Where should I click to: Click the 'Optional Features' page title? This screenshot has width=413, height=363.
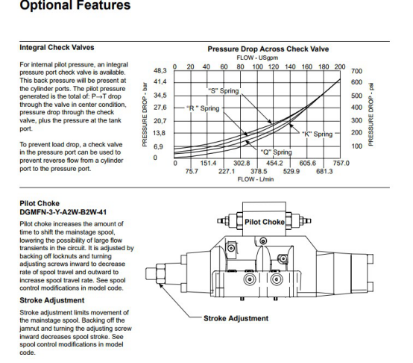click(x=75, y=4)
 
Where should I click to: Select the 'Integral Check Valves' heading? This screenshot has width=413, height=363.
click(x=57, y=48)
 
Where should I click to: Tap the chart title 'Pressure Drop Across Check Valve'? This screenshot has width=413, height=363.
click(x=268, y=49)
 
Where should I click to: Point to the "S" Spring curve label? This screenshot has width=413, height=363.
click(x=224, y=91)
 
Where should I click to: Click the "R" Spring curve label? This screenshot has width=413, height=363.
click(x=203, y=108)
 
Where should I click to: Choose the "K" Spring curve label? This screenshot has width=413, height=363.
click(x=317, y=134)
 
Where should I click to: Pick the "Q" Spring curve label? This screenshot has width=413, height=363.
click(x=277, y=152)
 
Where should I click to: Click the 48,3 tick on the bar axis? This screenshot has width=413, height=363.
click(x=160, y=71)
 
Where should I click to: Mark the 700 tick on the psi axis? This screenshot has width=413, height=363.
click(x=356, y=71)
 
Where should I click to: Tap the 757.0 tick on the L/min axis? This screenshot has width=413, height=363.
click(x=341, y=163)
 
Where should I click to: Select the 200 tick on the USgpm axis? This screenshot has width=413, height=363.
click(x=340, y=66)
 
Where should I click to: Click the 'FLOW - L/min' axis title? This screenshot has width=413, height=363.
click(x=256, y=179)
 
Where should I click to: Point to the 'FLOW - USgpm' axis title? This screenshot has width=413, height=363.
click(x=257, y=58)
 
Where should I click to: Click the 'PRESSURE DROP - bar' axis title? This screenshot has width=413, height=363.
click(x=145, y=115)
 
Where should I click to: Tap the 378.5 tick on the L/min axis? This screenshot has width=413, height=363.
click(x=259, y=172)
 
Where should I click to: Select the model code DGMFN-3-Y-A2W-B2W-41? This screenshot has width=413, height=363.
click(x=63, y=212)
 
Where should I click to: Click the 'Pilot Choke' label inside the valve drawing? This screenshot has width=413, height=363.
click(x=265, y=222)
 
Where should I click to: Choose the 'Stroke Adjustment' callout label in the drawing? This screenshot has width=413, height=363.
click(x=236, y=318)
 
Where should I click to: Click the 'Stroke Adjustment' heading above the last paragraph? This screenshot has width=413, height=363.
click(x=52, y=300)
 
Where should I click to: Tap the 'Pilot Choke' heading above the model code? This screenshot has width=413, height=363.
click(x=40, y=203)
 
